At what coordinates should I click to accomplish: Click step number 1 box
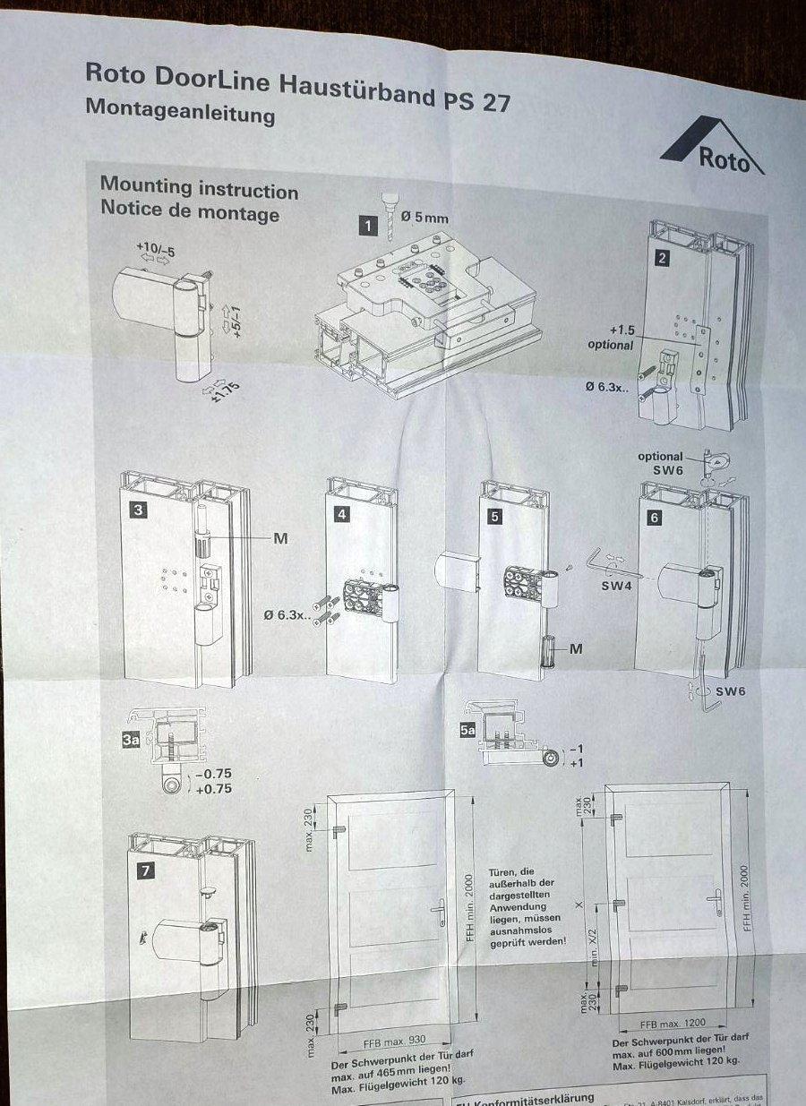click(367, 226)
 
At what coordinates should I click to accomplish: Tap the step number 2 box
click(662, 260)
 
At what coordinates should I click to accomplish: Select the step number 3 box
click(138, 510)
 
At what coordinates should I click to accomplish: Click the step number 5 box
click(495, 517)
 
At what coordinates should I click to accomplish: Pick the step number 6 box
click(654, 517)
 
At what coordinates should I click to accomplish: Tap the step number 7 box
click(146, 869)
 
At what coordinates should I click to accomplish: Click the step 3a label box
click(132, 739)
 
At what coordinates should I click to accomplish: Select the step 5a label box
click(467, 731)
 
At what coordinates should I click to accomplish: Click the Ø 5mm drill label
click(424, 218)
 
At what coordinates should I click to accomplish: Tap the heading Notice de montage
click(189, 213)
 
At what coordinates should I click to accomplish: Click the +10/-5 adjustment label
click(154, 248)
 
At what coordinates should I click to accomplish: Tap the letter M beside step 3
click(280, 538)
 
